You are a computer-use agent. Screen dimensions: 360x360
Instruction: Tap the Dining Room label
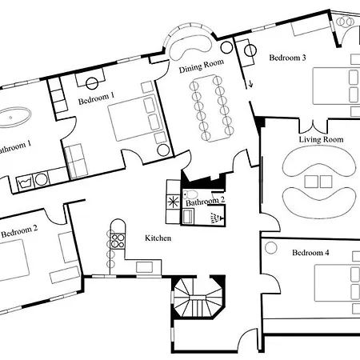click(201, 70)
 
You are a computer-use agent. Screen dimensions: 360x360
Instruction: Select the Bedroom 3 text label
click(287, 58)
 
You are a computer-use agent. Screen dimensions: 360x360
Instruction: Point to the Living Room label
click(321, 140)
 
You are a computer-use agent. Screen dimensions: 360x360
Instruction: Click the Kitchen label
click(158, 238)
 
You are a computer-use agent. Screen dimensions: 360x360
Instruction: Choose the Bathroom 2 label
click(206, 202)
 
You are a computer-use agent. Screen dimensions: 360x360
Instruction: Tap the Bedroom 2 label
click(19, 233)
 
